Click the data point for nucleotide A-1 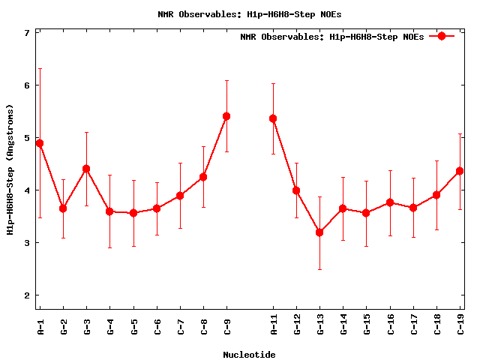coord(40,143)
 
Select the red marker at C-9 coord(226,116)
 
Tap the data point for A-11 coord(273,118)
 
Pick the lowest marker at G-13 coord(319,232)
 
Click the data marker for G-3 coord(86,169)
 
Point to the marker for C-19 coord(460,171)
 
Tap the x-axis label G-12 coord(296,328)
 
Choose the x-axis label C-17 coord(413,328)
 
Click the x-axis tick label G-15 coord(367,328)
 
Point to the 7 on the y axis coord(27,33)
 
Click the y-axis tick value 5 coord(27,138)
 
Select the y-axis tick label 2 coord(27,295)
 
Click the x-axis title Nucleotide coord(249,355)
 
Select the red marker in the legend coord(442,36)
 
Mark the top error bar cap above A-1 coord(40,69)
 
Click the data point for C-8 coord(203,177)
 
